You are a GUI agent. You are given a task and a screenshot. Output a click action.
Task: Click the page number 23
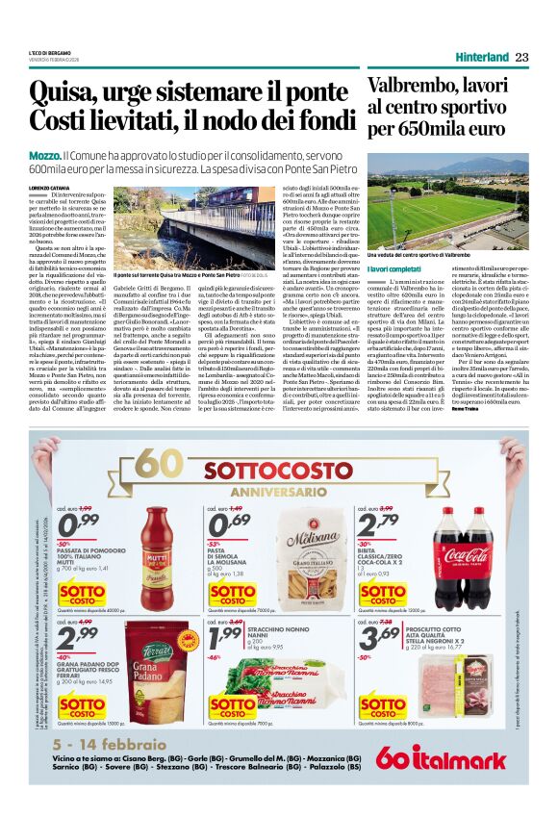coord(522,57)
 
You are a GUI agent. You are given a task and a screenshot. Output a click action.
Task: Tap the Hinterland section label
coord(482,58)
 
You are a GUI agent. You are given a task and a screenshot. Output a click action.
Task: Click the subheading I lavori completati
coord(393,268)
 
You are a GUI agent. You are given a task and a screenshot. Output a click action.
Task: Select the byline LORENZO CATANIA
coord(51,188)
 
